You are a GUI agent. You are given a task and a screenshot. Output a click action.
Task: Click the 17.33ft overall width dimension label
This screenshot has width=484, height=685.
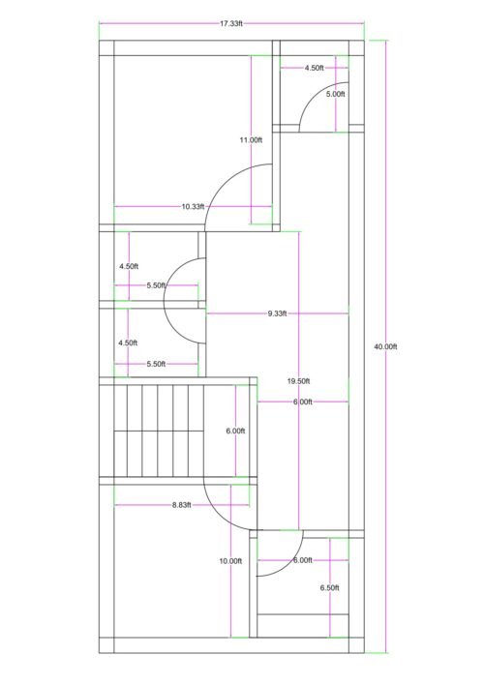(x=230, y=23)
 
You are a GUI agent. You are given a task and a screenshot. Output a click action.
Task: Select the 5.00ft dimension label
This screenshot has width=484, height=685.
(x=335, y=94)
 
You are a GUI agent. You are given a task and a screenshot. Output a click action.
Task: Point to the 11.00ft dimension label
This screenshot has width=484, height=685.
(x=251, y=140)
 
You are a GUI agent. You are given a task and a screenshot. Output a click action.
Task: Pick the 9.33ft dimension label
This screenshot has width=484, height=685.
(x=282, y=313)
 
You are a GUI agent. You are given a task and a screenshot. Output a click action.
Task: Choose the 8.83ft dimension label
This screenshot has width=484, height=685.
(x=182, y=504)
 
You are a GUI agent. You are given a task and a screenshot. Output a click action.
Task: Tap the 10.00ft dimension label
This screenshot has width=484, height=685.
(x=230, y=561)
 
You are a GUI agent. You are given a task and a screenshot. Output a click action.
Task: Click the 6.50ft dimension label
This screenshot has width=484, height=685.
(x=330, y=587)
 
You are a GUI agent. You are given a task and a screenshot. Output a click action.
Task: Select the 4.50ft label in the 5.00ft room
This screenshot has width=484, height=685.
(x=315, y=69)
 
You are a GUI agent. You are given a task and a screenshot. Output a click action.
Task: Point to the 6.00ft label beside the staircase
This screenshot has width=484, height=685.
(x=235, y=431)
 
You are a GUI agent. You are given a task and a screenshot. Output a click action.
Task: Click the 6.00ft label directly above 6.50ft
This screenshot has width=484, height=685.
(x=302, y=560)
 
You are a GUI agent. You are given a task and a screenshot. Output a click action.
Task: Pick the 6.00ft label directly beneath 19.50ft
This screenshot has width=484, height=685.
(x=302, y=401)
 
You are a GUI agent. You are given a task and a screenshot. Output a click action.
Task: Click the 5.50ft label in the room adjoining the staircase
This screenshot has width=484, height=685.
(x=157, y=364)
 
